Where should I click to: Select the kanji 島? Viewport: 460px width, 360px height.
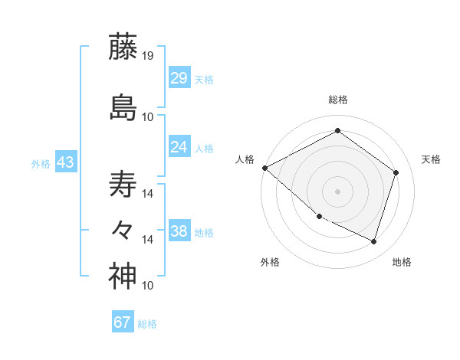point(123,107)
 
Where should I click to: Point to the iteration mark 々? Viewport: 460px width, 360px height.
point(123,229)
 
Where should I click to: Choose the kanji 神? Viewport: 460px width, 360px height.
point(123,277)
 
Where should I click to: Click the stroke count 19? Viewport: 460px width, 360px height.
point(149,56)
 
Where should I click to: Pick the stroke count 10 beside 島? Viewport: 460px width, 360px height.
point(148,116)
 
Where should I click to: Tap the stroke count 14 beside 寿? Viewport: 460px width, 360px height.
point(148,193)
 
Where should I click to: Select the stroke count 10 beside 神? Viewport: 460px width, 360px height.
point(148,286)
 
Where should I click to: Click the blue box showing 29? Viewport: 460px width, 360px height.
point(179,78)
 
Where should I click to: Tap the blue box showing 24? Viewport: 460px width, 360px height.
point(179,147)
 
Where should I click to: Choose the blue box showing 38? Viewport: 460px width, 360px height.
point(179,231)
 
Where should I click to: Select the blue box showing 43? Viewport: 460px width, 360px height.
point(65,162)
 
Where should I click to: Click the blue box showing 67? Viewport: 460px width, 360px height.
point(123,322)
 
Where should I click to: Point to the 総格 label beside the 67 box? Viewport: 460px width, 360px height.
point(147,324)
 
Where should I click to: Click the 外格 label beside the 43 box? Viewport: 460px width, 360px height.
point(41,164)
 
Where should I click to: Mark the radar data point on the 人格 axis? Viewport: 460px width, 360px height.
point(264,167)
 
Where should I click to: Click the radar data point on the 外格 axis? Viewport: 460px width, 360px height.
point(319,217)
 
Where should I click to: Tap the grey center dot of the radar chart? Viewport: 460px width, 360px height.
point(337,191)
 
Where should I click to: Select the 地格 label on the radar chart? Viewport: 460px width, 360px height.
point(402,262)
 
